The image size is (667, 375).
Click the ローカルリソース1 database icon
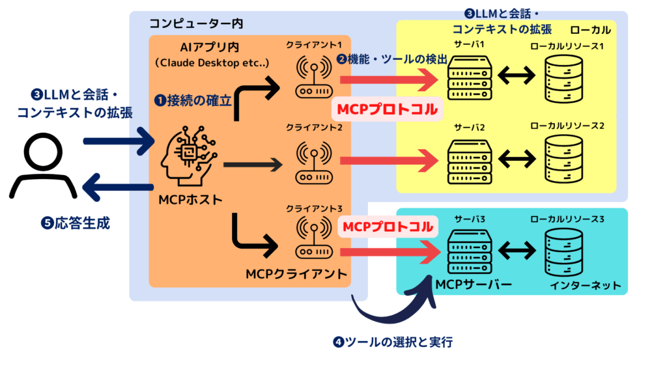[564, 76]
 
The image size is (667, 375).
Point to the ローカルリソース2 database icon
[564, 161]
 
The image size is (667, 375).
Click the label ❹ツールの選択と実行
[401, 341]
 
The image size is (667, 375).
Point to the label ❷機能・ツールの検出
[391, 59]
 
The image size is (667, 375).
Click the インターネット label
[585, 285]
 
